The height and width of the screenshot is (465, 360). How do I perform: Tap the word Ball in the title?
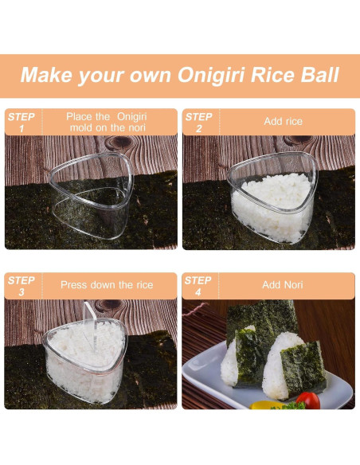click(x=316, y=76)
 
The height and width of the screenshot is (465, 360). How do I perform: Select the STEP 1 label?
click(x=21, y=122)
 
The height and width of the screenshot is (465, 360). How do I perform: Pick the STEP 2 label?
click(x=199, y=122)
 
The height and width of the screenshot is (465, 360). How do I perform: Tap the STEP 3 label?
click(x=21, y=285)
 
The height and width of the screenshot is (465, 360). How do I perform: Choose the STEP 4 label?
click(x=199, y=285)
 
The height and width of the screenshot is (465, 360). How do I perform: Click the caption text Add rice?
click(x=283, y=122)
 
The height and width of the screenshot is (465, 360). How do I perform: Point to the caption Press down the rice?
click(x=108, y=285)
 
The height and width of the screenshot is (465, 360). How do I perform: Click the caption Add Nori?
click(x=283, y=285)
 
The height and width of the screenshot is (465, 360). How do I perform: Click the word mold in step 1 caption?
click(x=80, y=127)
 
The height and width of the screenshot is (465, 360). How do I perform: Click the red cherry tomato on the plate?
click(x=307, y=400)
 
